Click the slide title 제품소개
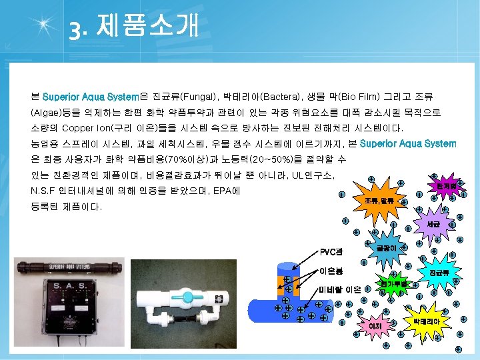coord(147,26)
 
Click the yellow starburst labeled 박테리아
coord(426,321)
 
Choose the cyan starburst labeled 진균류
coord(439,273)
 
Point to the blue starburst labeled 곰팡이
coord(387,248)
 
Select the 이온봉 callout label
coord(331,271)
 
